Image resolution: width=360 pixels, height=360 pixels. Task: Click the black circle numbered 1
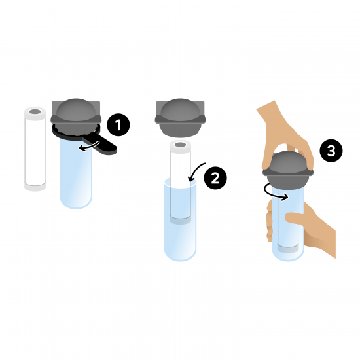pos(118,124)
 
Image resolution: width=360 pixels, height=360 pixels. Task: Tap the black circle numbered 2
pos(215,178)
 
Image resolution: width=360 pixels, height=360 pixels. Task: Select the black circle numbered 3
pos(331,151)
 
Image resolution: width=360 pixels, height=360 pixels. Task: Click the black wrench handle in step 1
pos(101,144)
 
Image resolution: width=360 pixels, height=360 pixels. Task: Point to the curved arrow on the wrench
pos(89,147)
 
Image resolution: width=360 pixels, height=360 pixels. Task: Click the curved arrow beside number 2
pos(194,171)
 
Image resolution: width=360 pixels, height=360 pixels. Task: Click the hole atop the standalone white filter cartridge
pos(35,112)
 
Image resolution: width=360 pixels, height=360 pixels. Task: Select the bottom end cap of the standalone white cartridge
pos(35,187)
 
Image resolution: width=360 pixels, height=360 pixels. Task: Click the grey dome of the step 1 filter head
pos(76,110)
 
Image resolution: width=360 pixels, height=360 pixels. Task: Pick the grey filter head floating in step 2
pos(180,118)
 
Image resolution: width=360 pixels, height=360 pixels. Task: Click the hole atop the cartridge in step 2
pos(180,145)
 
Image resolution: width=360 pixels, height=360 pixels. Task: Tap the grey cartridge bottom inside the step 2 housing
pos(180,220)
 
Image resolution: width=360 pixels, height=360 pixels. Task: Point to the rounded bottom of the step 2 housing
pos(180,254)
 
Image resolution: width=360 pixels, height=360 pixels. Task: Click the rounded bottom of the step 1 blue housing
pos(76,202)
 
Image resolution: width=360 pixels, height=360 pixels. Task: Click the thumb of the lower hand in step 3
pos(296,218)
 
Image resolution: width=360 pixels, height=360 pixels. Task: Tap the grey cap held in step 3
pos(288,170)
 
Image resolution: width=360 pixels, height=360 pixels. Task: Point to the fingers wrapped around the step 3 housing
pos(269,221)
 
